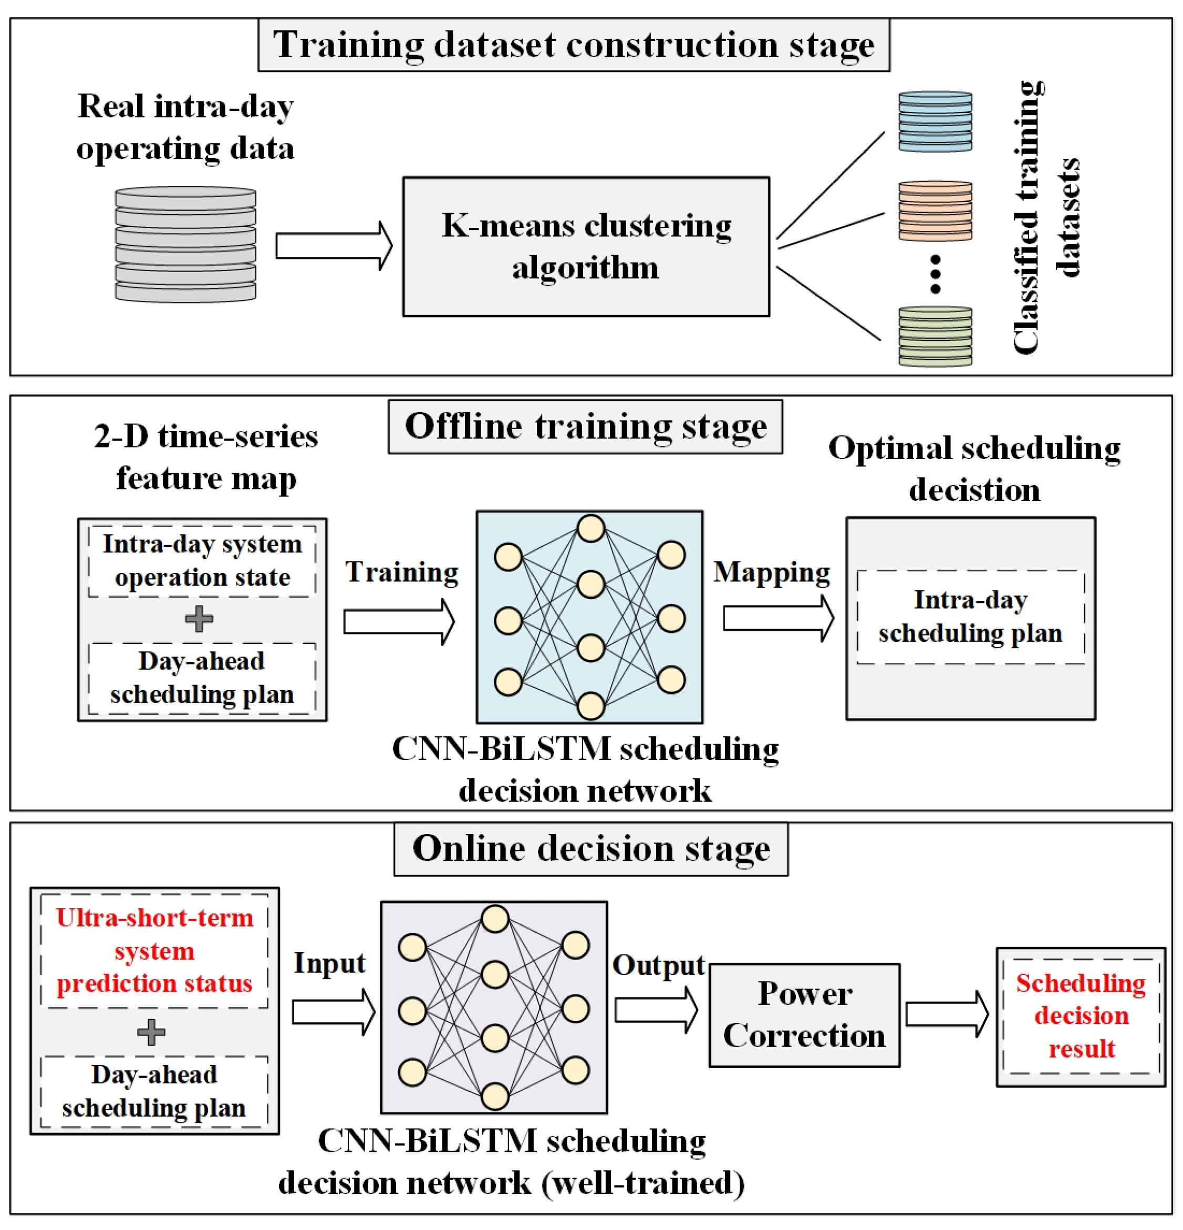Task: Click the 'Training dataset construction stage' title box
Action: [x=573, y=45]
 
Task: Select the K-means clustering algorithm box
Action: [x=586, y=247]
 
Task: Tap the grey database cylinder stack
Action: [x=186, y=244]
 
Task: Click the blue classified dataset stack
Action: [x=935, y=121]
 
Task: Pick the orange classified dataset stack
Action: [x=935, y=211]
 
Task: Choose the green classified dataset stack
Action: [x=935, y=336]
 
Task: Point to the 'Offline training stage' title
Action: [x=585, y=427]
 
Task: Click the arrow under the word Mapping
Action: [x=777, y=619]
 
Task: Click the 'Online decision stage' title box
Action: [x=590, y=849]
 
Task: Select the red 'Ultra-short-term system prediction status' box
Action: [x=154, y=951]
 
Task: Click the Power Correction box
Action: [x=804, y=1015]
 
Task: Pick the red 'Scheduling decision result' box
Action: [x=1081, y=1016]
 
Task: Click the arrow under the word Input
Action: [x=333, y=1012]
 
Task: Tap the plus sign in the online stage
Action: [x=151, y=1033]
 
